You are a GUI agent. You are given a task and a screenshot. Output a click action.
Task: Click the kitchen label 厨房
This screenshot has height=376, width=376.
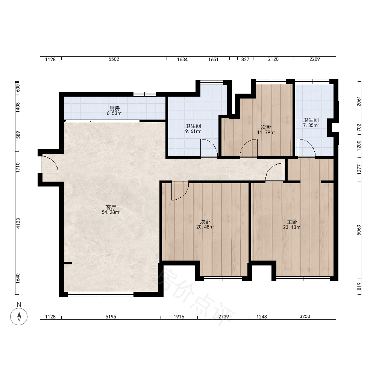pyautogui.click(x=114, y=108)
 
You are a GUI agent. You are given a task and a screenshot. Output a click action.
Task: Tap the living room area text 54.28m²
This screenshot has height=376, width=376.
pyautogui.click(x=111, y=212)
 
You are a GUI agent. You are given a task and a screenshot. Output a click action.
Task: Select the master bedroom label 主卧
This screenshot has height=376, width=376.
pyautogui.click(x=292, y=222)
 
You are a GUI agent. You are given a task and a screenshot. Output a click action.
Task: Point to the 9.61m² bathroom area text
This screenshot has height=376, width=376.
pyautogui.click(x=193, y=131)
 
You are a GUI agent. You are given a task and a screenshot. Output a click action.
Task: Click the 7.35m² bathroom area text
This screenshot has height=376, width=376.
pyautogui.click(x=311, y=126)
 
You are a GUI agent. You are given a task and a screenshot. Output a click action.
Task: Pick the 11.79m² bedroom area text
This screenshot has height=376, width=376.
pyautogui.click(x=266, y=133)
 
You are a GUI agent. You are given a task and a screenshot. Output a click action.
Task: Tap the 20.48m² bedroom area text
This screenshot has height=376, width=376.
pyautogui.click(x=205, y=227)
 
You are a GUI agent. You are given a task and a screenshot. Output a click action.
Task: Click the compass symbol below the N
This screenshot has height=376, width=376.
pyautogui.click(x=19, y=316)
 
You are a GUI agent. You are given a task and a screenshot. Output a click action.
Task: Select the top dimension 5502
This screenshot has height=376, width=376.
pyautogui.click(x=114, y=59)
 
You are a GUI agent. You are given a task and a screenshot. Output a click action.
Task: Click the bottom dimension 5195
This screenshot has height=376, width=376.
pyautogui.click(x=111, y=317)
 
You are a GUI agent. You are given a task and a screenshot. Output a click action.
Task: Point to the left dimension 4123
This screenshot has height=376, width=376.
pyautogui.click(x=18, y=223)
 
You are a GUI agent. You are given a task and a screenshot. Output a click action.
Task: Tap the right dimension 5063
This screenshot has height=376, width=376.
pyautogui.click(x=359, y=230)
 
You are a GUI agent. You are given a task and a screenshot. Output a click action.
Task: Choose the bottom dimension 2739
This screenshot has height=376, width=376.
pyautogui.click(x=223, y=317)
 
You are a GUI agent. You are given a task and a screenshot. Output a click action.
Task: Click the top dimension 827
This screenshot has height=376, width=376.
pyautogui.click(x=245, y=59)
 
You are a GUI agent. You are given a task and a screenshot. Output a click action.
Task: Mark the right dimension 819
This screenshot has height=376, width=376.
pyautogui.click(x=359, y=287)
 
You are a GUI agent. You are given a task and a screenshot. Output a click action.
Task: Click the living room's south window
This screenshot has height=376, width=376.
pyautogui.click(x=101, y=294)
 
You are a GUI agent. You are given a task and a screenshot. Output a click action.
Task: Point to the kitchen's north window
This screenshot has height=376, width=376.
pyautogui.click(x=145, y=94)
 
